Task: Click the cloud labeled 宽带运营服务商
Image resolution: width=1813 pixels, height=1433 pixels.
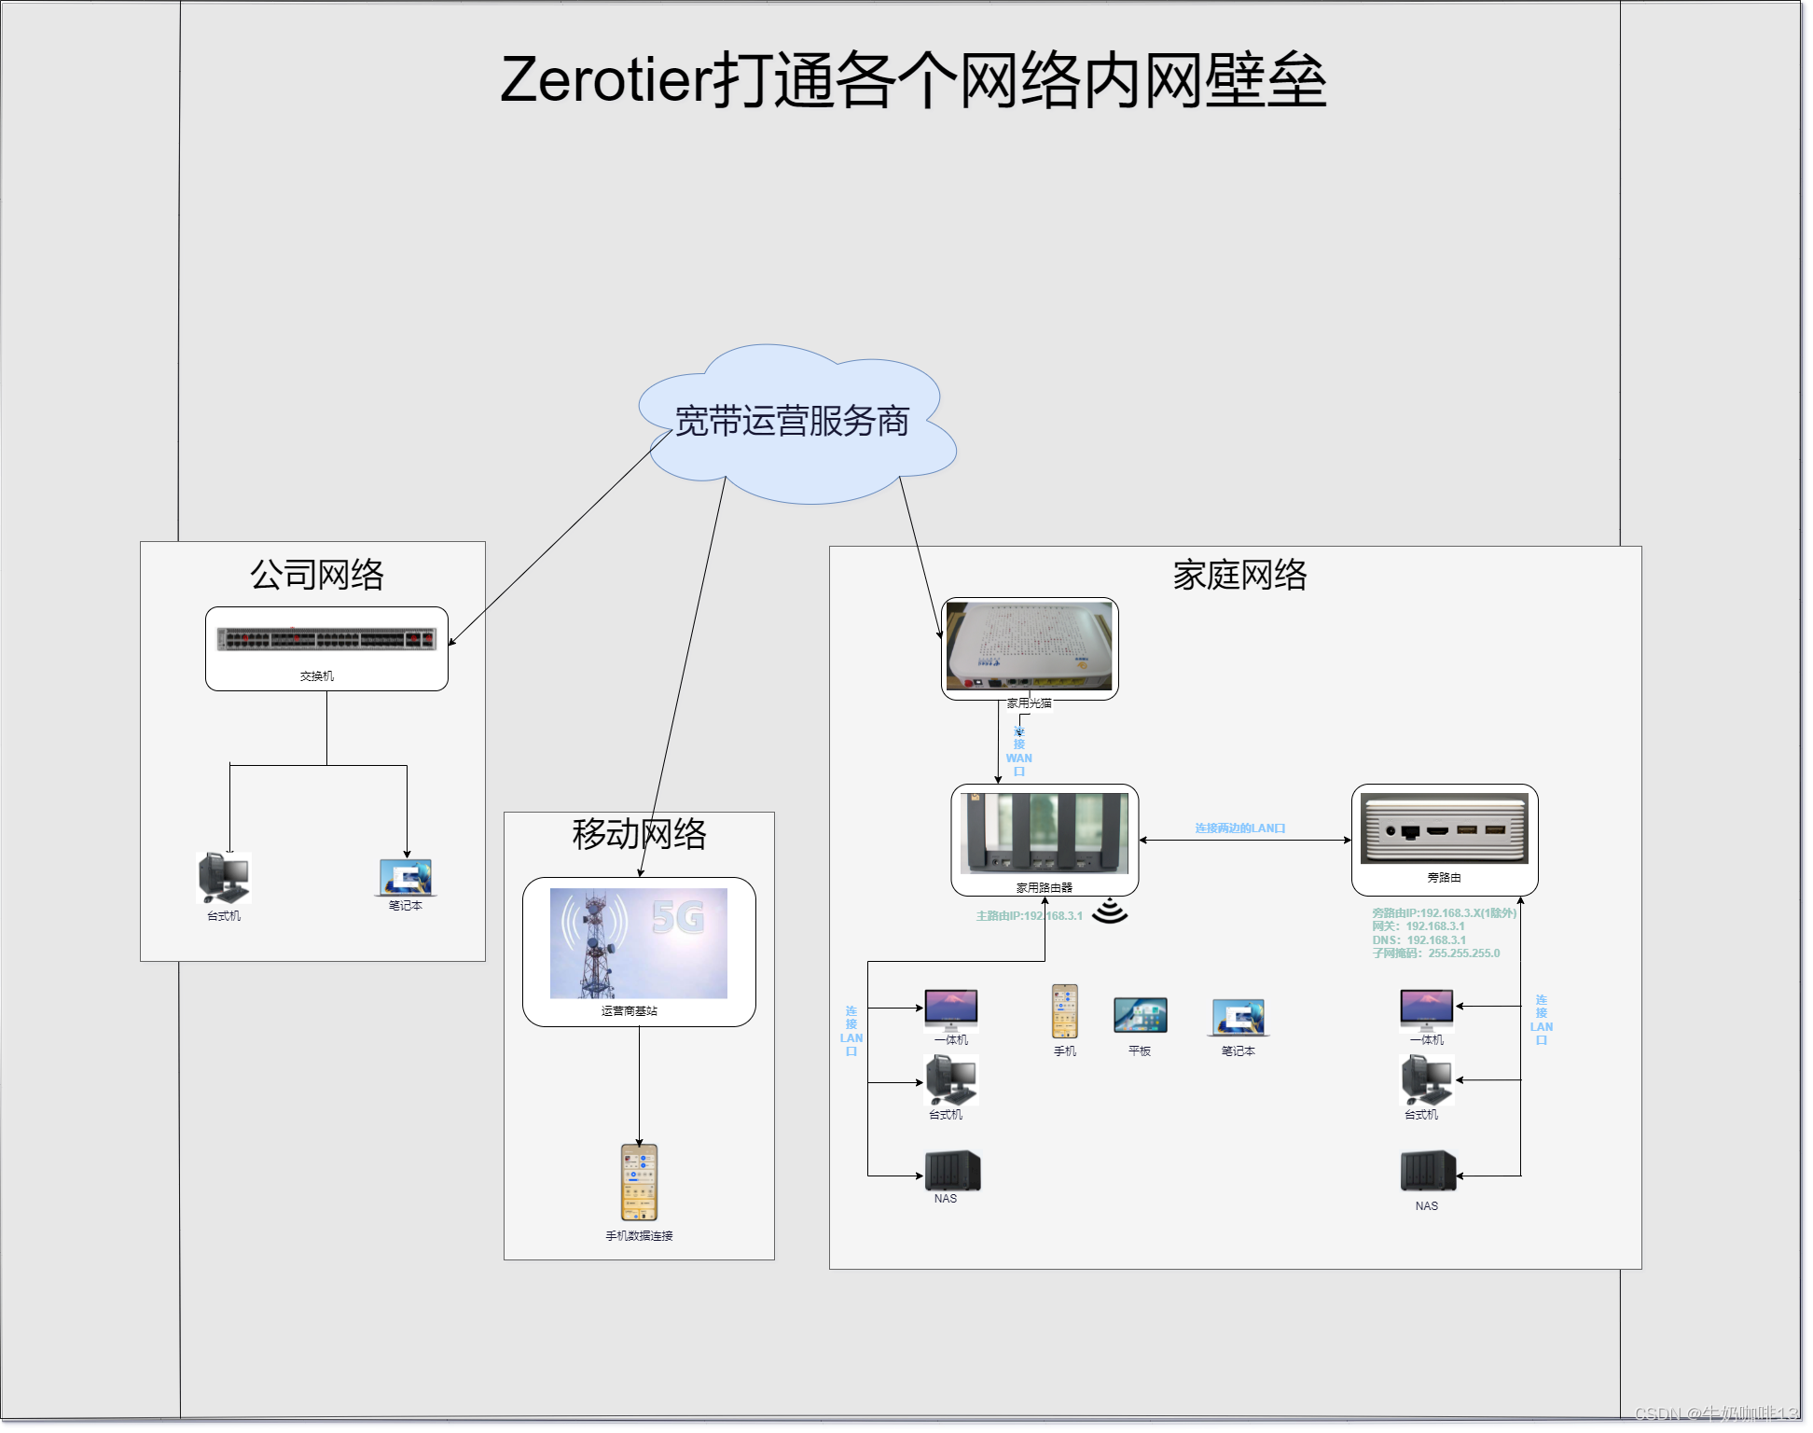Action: click(x=793, y=424)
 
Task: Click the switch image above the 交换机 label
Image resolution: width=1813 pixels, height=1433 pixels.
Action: click(x=326, y=639)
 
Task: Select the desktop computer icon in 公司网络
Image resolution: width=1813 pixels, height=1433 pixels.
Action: click(x=225, y=877)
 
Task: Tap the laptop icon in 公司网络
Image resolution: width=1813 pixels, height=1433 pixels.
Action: click(x=406, y=877)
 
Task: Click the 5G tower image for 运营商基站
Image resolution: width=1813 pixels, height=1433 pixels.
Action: click(x=639, y=942)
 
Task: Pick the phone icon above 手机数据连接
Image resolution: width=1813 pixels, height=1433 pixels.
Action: click(x=639, y=1182)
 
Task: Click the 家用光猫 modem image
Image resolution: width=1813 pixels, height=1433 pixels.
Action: click(x=1030, y=646)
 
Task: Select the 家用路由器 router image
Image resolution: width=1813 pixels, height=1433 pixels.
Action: click(x=1045, y=832)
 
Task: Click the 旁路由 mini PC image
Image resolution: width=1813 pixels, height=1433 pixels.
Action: click(x=1444, y=828)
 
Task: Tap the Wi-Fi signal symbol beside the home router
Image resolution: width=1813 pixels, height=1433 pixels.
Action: click(x=1110, y=911)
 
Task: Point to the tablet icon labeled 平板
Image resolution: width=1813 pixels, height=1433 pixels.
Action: click(x=1140, y=1015)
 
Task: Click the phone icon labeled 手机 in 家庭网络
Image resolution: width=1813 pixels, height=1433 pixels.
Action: click(x=1065, y=1011)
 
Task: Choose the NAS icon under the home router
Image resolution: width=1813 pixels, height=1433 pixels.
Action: click(x=952, y=1170)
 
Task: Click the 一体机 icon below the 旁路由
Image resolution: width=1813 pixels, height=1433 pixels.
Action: click(x=1426, y=1009)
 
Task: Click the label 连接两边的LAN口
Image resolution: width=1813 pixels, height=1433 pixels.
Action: click(x=1240, y=828)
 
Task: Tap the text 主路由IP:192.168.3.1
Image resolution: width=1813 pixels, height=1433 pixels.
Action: click(x=1029, y=916)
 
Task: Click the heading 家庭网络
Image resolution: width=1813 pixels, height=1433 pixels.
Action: click(x=1239, y=575)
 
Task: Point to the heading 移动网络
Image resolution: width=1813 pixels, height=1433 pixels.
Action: click(x=639, y=834)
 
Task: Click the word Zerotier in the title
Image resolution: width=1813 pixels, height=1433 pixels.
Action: click(x=606, y=80)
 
